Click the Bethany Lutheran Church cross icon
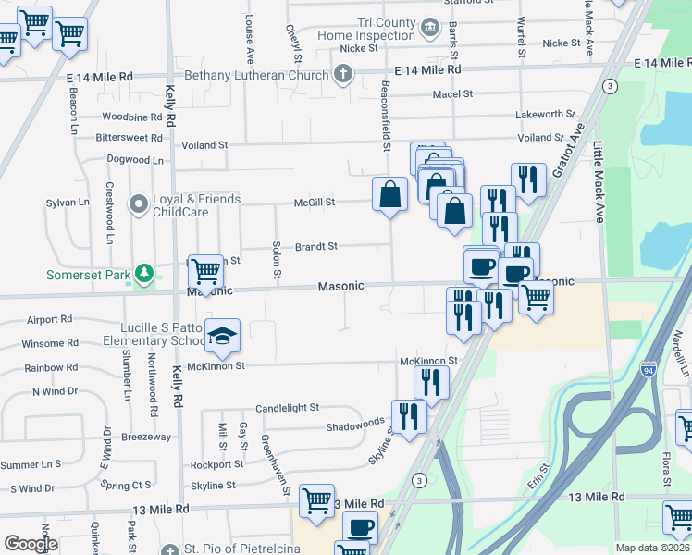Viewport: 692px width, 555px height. coord(343,74)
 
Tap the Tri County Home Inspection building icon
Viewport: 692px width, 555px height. coord(429,29)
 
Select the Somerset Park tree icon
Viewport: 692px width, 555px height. coord(143,274)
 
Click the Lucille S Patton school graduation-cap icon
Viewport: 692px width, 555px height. coord(222,338)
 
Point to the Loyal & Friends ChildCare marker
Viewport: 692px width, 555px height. coord(139,203)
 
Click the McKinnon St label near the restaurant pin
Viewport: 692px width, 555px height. coord(428,360)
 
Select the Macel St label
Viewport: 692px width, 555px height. coord(452,93)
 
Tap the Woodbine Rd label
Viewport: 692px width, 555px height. coord(132,117)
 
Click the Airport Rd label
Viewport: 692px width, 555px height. coord(50,320)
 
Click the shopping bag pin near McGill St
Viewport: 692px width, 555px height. coord(390,195)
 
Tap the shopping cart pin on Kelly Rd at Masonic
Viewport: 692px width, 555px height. coord(205,272)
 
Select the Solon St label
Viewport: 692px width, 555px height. coord(276,260)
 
